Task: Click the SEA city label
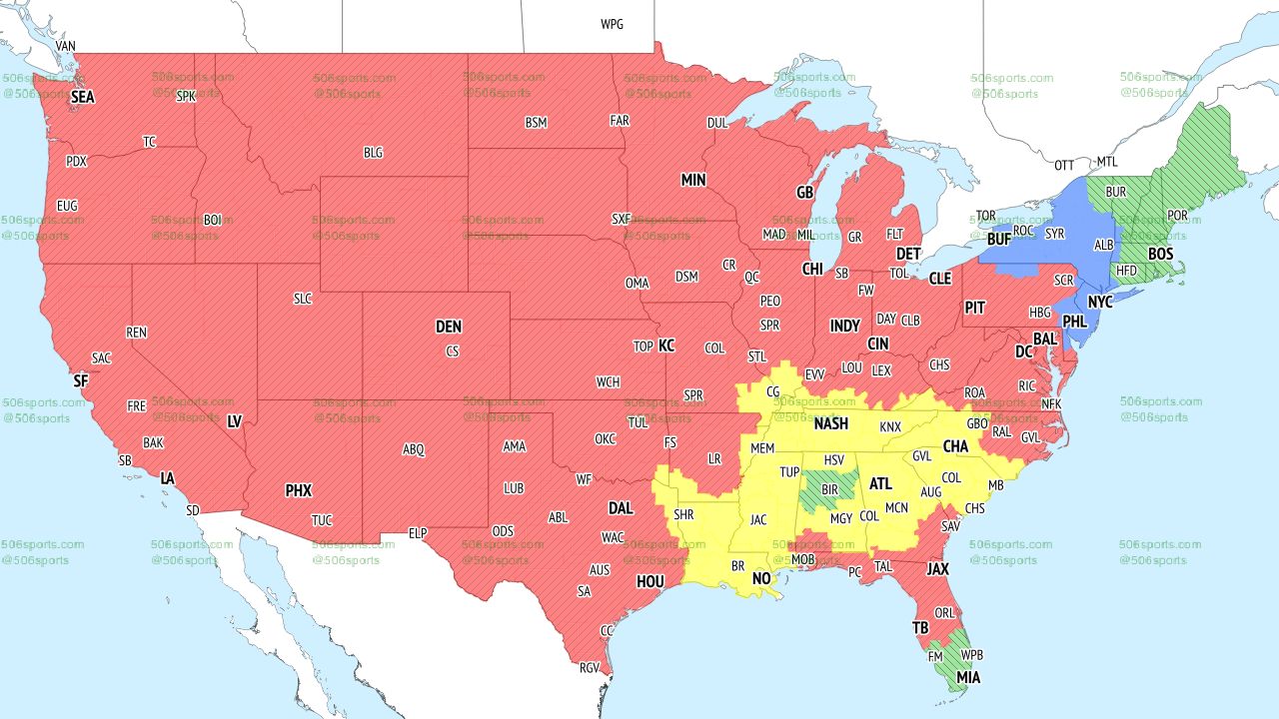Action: [82, 98]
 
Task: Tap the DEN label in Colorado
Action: [449, 327]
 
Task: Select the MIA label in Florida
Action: [967, 678]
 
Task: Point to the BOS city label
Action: [1160, 255]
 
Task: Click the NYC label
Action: [1100, 302]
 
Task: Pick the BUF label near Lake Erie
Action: [998, 240]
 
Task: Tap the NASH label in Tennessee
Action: [831, 423]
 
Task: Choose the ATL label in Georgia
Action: [880, 484]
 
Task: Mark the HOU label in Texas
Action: [649, 581]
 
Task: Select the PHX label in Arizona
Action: [298, 490]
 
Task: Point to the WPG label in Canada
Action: [612, 24]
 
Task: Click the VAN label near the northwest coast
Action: [66, 46]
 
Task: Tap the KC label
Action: [666, 346]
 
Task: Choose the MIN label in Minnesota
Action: [693, 181]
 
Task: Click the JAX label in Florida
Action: [937, 569]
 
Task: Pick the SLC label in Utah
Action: [302, 299]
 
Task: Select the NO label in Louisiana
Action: [761, 579]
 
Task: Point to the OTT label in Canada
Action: [1065, 164]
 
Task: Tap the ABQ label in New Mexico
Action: [413, 449]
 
